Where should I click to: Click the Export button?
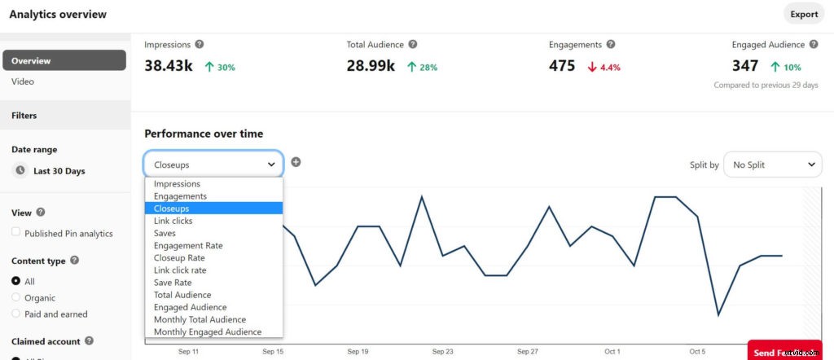pos(804,14)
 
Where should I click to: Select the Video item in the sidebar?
pos(23,81)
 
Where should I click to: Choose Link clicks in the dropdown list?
pos(173,221)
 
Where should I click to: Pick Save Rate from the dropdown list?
pos(173,283)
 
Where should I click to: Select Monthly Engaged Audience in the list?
pos(208,331)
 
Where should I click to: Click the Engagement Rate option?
pos(188,245)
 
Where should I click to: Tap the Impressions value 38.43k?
pos(169,66)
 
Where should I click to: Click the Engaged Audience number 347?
pos(745,66)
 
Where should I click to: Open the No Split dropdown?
pos(773,165)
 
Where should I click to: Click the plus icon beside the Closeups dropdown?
pos(296,162)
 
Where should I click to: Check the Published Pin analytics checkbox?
pos(16,232)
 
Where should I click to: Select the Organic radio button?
pos(16,297)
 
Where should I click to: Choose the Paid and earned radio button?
pos(16,314)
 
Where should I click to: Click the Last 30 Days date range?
pos(59,171)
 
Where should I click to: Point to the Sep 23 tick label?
pos(442,352)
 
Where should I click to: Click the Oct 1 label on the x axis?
pos(612,352)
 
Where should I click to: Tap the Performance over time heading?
pos(204,134)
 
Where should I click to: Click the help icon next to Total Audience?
pos(413,45)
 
